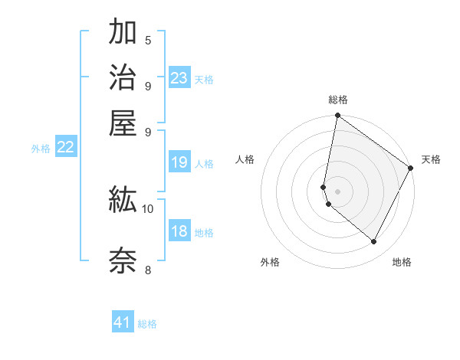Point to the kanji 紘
click(123, 200)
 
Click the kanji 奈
click(123, 259)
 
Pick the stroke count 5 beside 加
click(148, 40)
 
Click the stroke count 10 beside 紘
click(148, 208)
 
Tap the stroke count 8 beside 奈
click(148, 269)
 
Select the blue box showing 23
click(179, 77)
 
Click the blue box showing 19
click(179, 162)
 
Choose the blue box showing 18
click(179, 231)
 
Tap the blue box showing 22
click(66, 147)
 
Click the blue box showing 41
click(123, 322)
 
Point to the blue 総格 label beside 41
click(147, 324)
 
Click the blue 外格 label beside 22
click(41, 149)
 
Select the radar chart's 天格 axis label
click(431, 159)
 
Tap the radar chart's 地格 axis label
click(402, 262)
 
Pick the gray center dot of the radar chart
click(337, 191)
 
